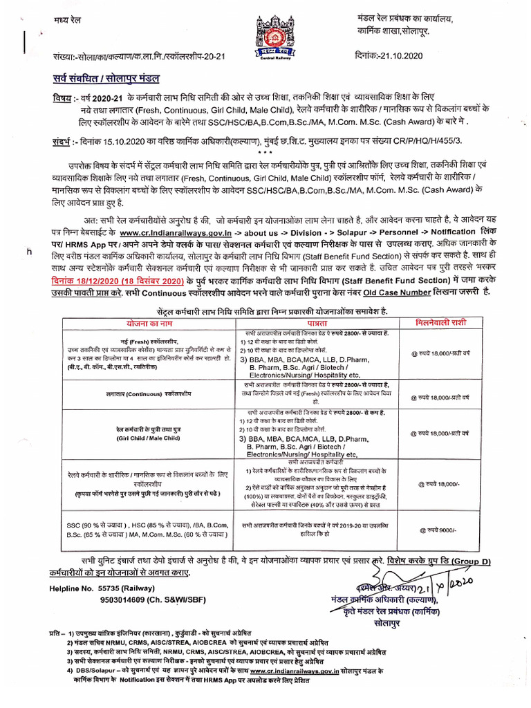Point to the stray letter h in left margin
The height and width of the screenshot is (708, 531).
[x=29, y=252]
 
